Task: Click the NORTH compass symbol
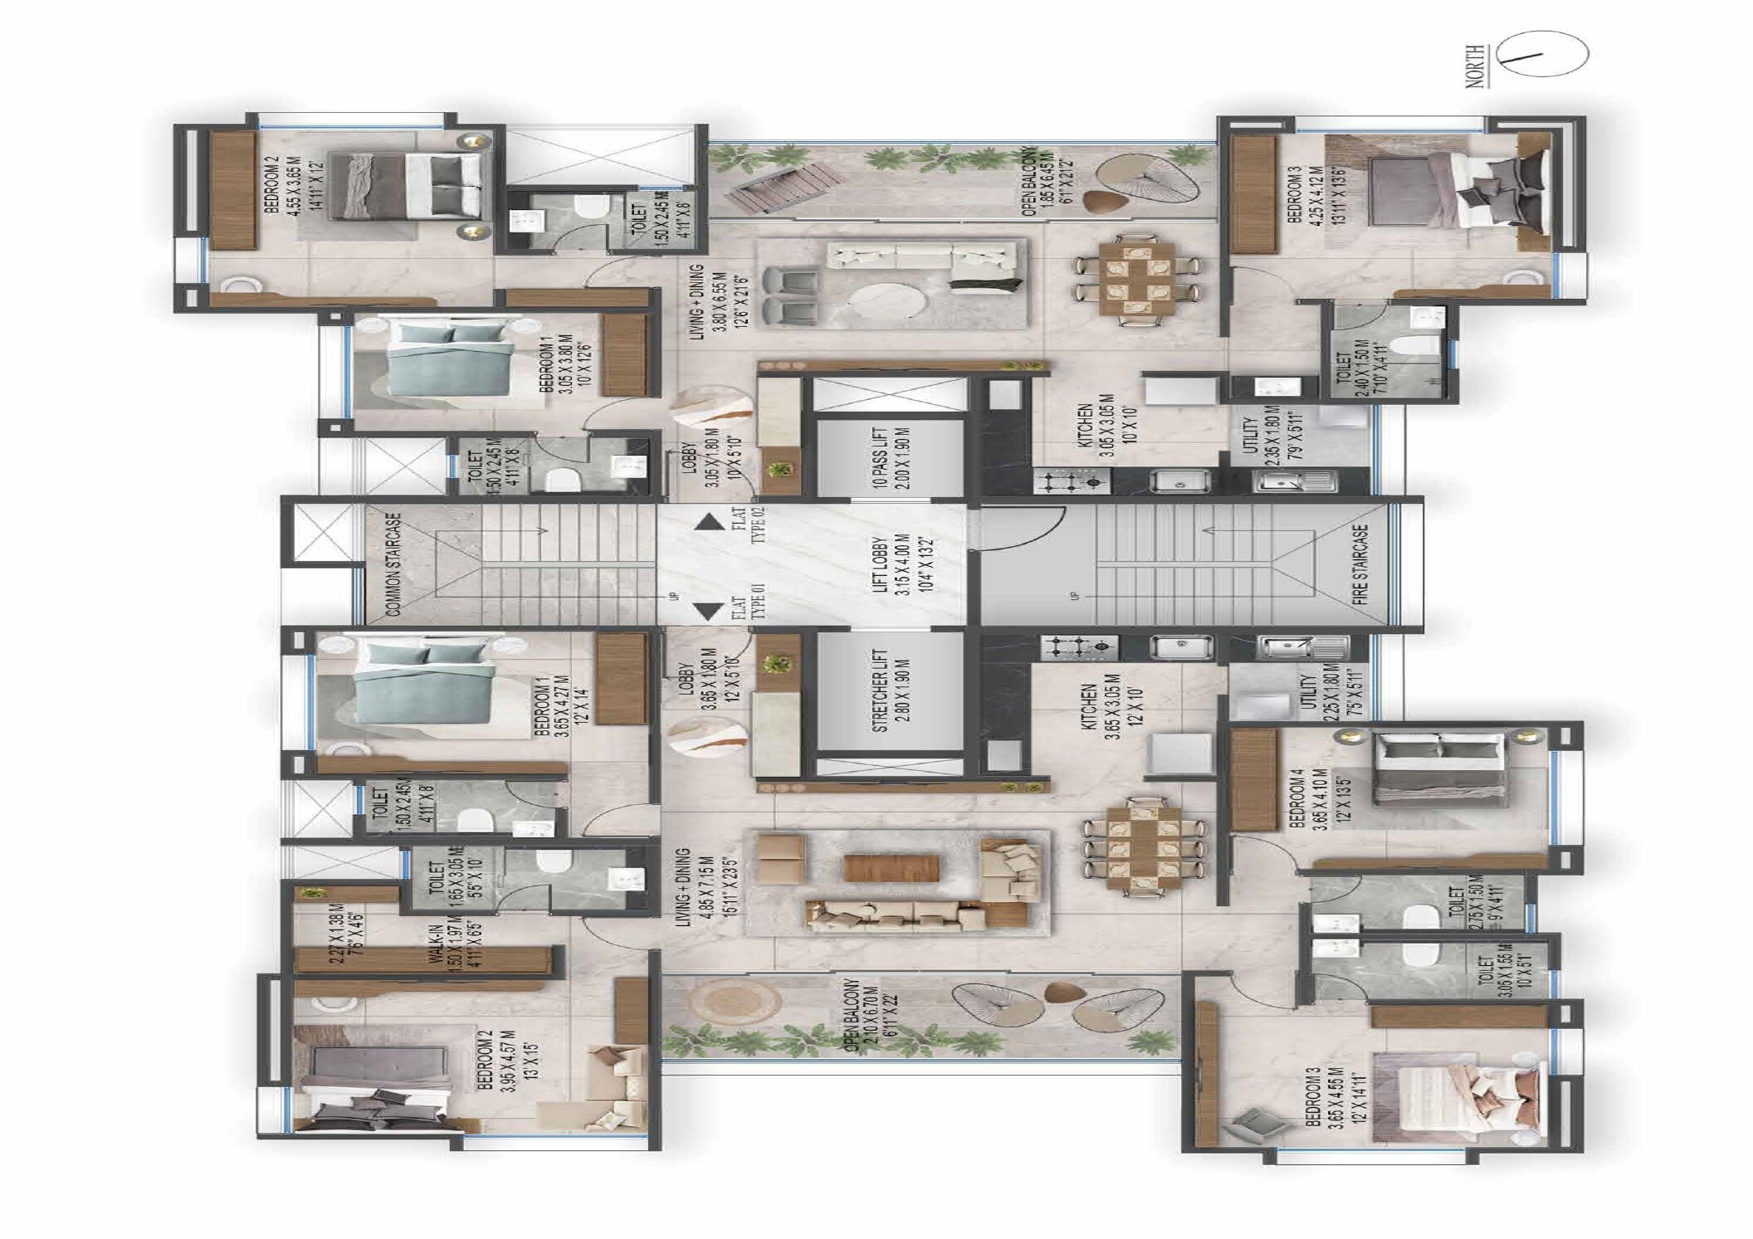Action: (x=1545, y=55)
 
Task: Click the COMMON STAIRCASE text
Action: (x=393, y=563)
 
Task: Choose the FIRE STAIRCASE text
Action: (x=1360, y=563)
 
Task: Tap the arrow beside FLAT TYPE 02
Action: (x=707, y=523)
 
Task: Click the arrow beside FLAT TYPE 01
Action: (x=707, y=612)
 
